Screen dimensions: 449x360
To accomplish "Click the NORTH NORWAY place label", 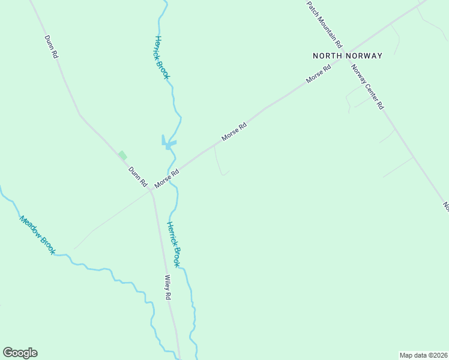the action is coord(347,56).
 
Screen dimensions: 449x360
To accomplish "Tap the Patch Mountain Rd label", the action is coord(324,24).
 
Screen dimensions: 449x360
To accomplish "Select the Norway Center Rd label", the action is coord(367,86).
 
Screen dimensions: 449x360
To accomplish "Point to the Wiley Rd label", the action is coord(169,287).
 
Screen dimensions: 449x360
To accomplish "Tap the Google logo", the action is coord(20,353).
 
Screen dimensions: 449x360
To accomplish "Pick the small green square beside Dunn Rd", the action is coord(122,155).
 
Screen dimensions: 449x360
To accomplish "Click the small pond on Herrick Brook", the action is coord(169,143).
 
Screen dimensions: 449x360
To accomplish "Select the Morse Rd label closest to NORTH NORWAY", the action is coord(318,74).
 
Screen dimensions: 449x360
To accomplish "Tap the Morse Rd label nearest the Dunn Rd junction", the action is coord(167,178).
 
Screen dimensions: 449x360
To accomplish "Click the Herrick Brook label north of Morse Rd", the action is coord(162,57).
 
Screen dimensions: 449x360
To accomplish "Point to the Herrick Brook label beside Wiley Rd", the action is coord(173,244).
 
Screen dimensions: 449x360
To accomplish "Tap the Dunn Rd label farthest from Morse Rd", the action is coord(51,46).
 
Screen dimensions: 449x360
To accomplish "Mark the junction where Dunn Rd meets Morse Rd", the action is coord(151,191).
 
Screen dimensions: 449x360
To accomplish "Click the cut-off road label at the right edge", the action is coord(446,206).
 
